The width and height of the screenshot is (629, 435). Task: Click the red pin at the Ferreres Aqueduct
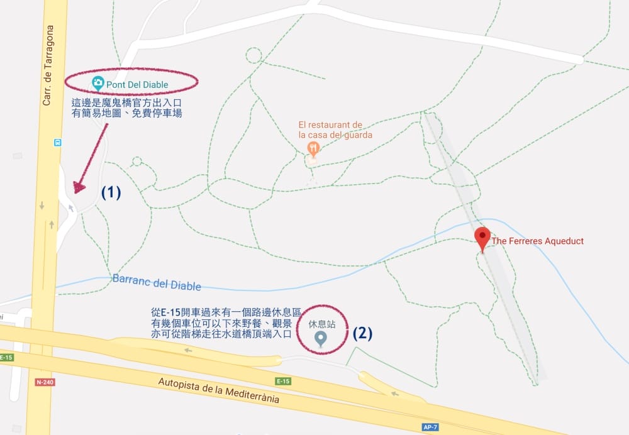(482, 238)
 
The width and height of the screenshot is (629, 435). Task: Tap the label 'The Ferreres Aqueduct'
(538, 241)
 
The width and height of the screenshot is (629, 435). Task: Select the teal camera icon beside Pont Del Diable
(97, 82)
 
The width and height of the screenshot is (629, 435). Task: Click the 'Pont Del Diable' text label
(138, 83)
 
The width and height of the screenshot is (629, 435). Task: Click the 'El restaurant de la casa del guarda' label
(335, 129)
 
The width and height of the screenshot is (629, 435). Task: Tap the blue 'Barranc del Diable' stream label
(157, 282)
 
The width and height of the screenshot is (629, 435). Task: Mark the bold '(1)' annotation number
(111, 192)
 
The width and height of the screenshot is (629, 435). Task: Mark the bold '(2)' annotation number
(362, 333)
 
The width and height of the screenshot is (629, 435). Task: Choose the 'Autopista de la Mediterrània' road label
(218, 390)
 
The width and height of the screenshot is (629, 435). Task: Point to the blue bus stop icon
(57, 142)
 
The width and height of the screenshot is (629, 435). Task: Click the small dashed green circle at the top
(253, 55)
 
